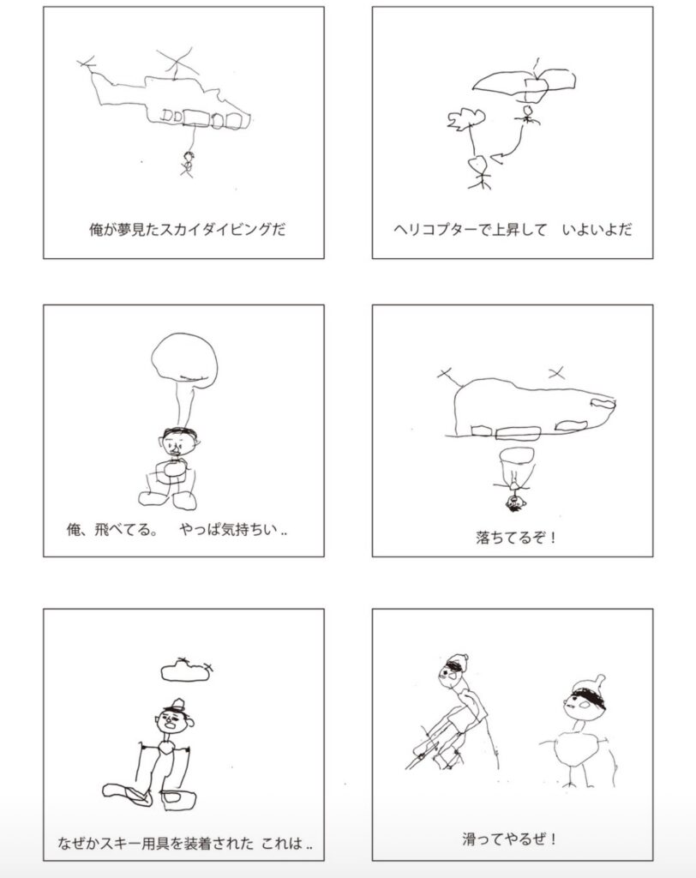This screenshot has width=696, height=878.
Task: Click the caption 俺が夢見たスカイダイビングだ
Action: [x=187, y=230]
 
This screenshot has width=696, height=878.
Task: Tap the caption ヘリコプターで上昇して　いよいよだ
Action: [x=513, y=230]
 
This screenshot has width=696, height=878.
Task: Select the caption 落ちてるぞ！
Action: [x=516, y=538]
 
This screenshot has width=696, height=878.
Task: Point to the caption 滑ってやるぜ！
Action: [x=509, y=839]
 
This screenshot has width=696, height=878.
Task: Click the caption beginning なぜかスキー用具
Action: [x=185, y=844]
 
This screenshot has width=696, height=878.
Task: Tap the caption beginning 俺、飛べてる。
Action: [x=177, y=529]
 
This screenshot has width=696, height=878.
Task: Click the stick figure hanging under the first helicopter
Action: [x=188, y=164]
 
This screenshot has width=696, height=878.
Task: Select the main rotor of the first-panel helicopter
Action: [x=177, y=61]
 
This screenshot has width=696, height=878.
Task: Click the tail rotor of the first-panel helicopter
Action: [x=86, y=63]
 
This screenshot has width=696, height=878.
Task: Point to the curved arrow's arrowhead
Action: [x=496, y=158]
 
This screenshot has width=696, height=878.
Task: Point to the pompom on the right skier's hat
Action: [x=600, y=680]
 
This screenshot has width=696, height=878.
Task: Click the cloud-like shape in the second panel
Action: [x=465, y=118]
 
